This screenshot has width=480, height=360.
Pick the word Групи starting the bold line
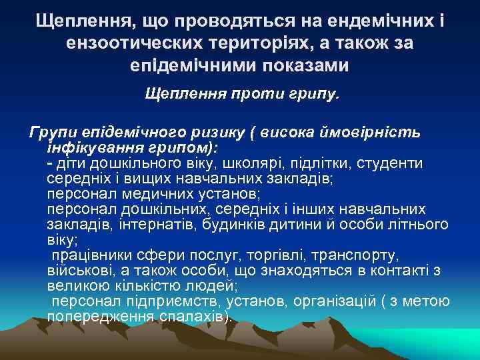[50, 131]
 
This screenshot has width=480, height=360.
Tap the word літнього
[419, 224]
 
